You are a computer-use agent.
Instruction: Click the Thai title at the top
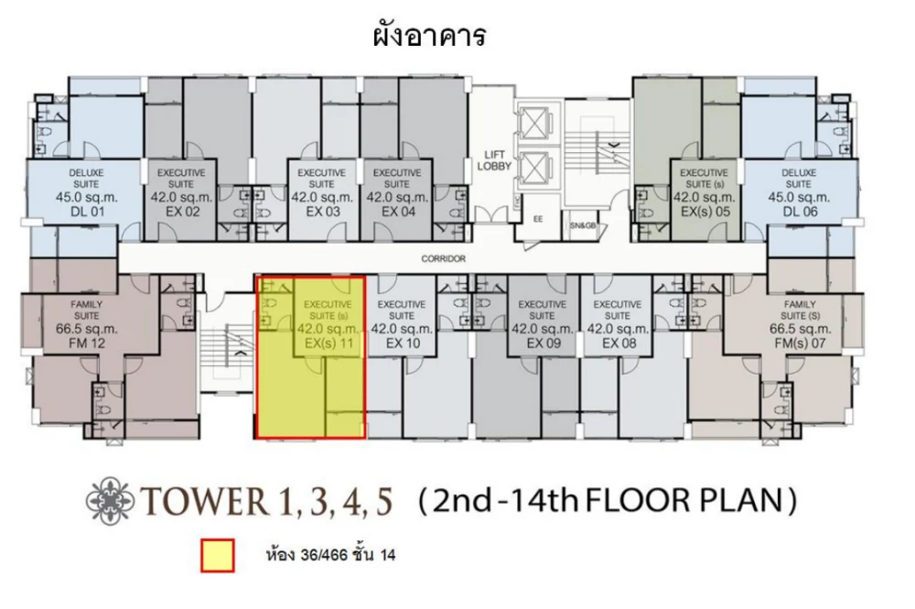click(x=429, y=35)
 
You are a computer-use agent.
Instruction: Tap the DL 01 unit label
click(x=87, y=212)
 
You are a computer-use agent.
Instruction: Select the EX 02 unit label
click(x=182, y=212)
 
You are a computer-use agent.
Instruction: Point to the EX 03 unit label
click(x=323, y=212)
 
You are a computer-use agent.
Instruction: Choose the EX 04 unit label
click(x=398, y=212)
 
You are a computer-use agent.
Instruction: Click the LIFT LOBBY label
click(x=494, y=160)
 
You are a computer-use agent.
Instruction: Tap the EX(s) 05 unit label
click(x=705, y=212)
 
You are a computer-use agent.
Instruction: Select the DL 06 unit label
click(x=800, y=212)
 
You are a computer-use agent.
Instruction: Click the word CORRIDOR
click(x=444, y=258)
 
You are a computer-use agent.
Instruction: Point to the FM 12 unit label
click(x=86, y=343)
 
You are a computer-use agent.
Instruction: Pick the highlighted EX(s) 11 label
click(x=329, y=343)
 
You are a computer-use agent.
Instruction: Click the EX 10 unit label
click(x=403, y=343)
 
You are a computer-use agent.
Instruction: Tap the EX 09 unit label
click(x=544, y=343)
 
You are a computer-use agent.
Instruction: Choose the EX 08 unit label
click(x=619, y=343)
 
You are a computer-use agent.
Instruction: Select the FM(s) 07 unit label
click(x=800, y=343)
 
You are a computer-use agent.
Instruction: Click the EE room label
click(x=537, y=219)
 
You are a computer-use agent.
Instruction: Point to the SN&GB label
click(x=582, y=224)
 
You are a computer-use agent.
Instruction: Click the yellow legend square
click(x=218, y=555)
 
